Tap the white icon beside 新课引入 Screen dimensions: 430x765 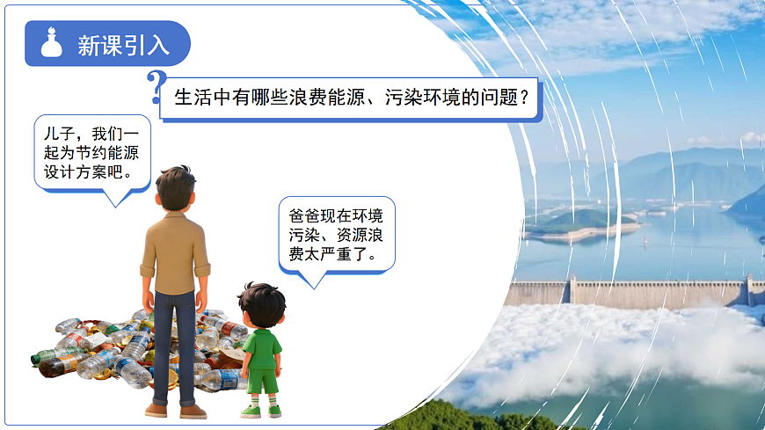coord(52,44)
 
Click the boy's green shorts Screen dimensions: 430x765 coord(261,381)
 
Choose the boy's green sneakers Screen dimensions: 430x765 coord(262,410)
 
